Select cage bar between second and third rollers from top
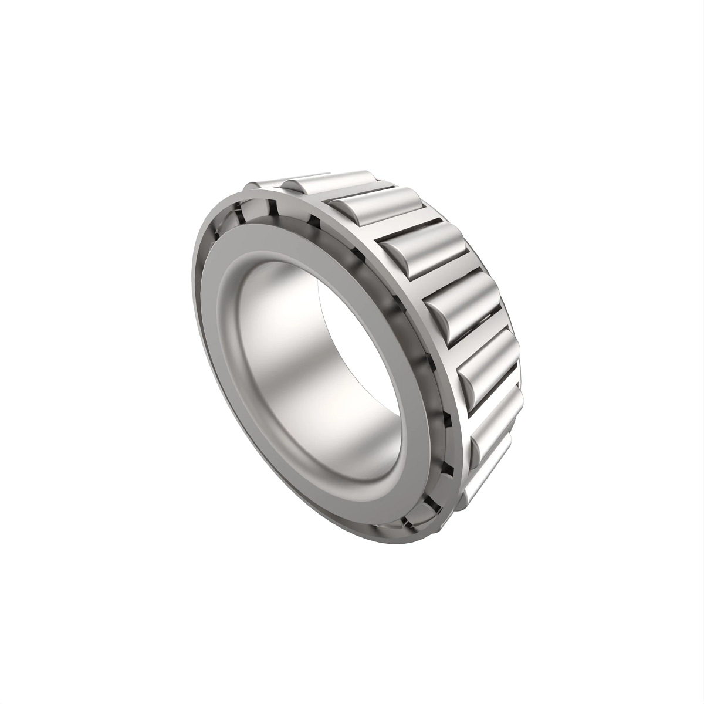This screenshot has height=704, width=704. pyautogui.click(x=405, y=226)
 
